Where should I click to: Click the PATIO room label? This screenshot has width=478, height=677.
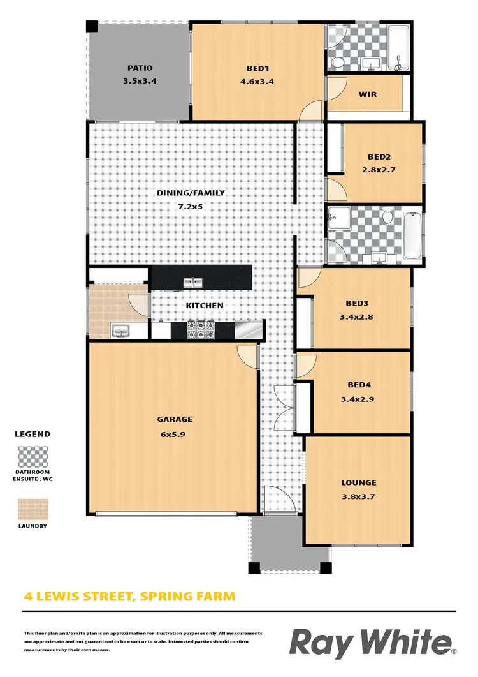140,68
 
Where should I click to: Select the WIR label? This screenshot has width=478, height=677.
368,94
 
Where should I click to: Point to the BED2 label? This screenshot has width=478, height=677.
379,156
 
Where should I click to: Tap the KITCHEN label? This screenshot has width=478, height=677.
204,306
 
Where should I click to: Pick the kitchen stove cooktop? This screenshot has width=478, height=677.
201,329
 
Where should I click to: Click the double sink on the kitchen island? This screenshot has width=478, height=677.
193,281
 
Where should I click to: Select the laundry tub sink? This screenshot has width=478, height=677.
120,331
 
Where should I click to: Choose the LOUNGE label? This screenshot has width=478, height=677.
358,483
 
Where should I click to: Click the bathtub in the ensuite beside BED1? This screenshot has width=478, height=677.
400,48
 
